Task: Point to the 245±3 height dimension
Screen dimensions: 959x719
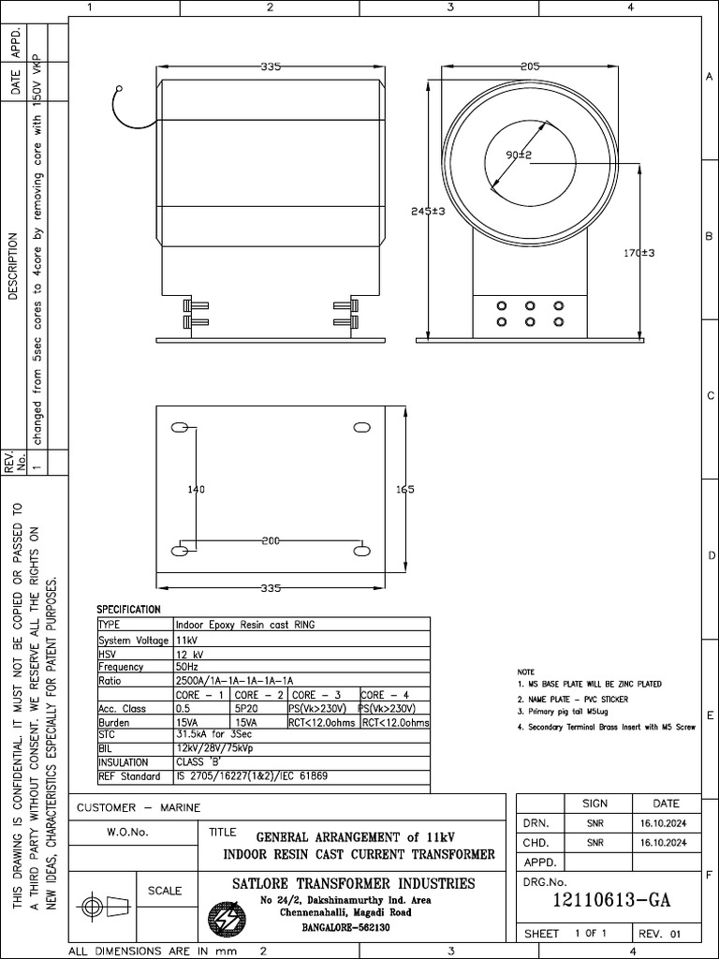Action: (x=427, y=212)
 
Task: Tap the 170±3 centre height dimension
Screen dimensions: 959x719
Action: (x=638, y=253)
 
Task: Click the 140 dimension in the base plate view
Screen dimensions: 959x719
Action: (x=195, y=489)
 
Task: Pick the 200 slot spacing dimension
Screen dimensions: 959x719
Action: (x=271, y=541)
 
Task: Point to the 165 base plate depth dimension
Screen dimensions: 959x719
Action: (x=404, y=489)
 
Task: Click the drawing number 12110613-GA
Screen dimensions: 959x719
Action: (x=612, y=901)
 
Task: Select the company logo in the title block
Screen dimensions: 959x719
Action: (x=225, y=916)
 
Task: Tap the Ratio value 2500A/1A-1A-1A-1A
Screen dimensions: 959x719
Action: (x=234, y=681)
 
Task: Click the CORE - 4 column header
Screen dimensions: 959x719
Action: (x=385, y=695)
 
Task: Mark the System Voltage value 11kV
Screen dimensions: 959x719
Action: (x=185, y=640)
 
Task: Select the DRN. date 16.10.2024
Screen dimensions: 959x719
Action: (x=664, y=823)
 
